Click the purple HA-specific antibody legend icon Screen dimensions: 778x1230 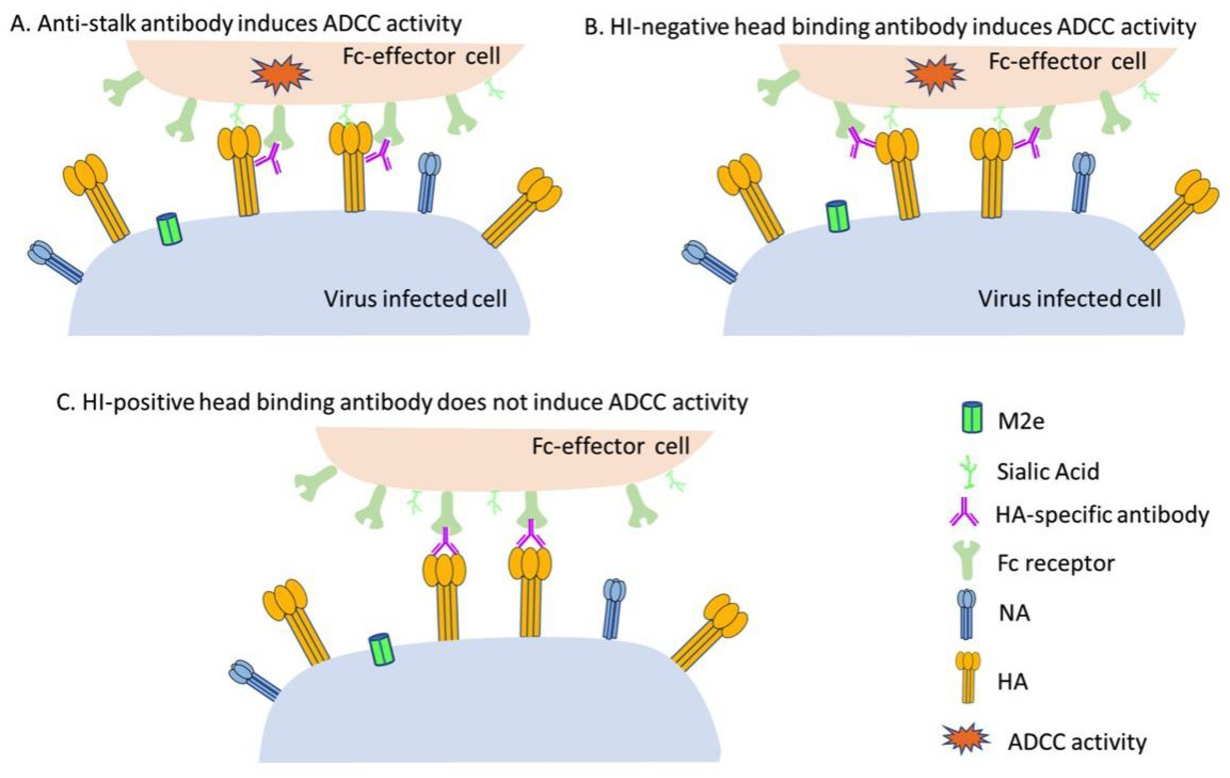pos(964,513)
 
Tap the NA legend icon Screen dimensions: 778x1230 pos(967,613)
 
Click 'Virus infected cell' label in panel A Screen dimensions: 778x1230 pos(415,298)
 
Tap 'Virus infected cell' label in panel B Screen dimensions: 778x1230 pos(1069,298)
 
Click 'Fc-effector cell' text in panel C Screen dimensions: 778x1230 pos(610,446)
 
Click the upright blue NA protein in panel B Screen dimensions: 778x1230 pos(1082,182)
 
